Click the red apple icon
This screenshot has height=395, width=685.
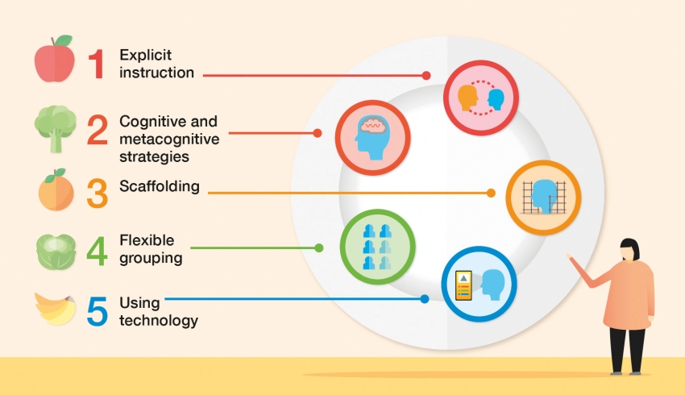(55, 59)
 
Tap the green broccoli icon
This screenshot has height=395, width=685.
(55, 128)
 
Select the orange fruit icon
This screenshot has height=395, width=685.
(56, 190)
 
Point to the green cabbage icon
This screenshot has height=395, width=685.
(56, 252)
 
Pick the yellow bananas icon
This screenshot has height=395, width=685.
(56, 309)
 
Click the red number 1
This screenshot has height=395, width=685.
(97, 64)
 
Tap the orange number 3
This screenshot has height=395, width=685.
(97, 193)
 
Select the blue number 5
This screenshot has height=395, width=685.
(97, 311)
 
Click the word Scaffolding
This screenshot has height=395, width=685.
(160, 186)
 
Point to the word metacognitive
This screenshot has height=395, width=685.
(169, 139)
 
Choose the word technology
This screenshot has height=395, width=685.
(159, 320)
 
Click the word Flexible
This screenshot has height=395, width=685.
(147, 240)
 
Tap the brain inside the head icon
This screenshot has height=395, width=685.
(372, 125)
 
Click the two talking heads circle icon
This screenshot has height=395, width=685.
(481, 98)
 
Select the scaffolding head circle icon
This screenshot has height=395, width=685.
(543, 197)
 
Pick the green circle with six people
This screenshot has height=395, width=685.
(377, 247)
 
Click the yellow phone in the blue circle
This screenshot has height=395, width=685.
(463, 285)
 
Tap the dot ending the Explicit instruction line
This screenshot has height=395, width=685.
(426, 76)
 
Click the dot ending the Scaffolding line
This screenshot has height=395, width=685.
(491, 193)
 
